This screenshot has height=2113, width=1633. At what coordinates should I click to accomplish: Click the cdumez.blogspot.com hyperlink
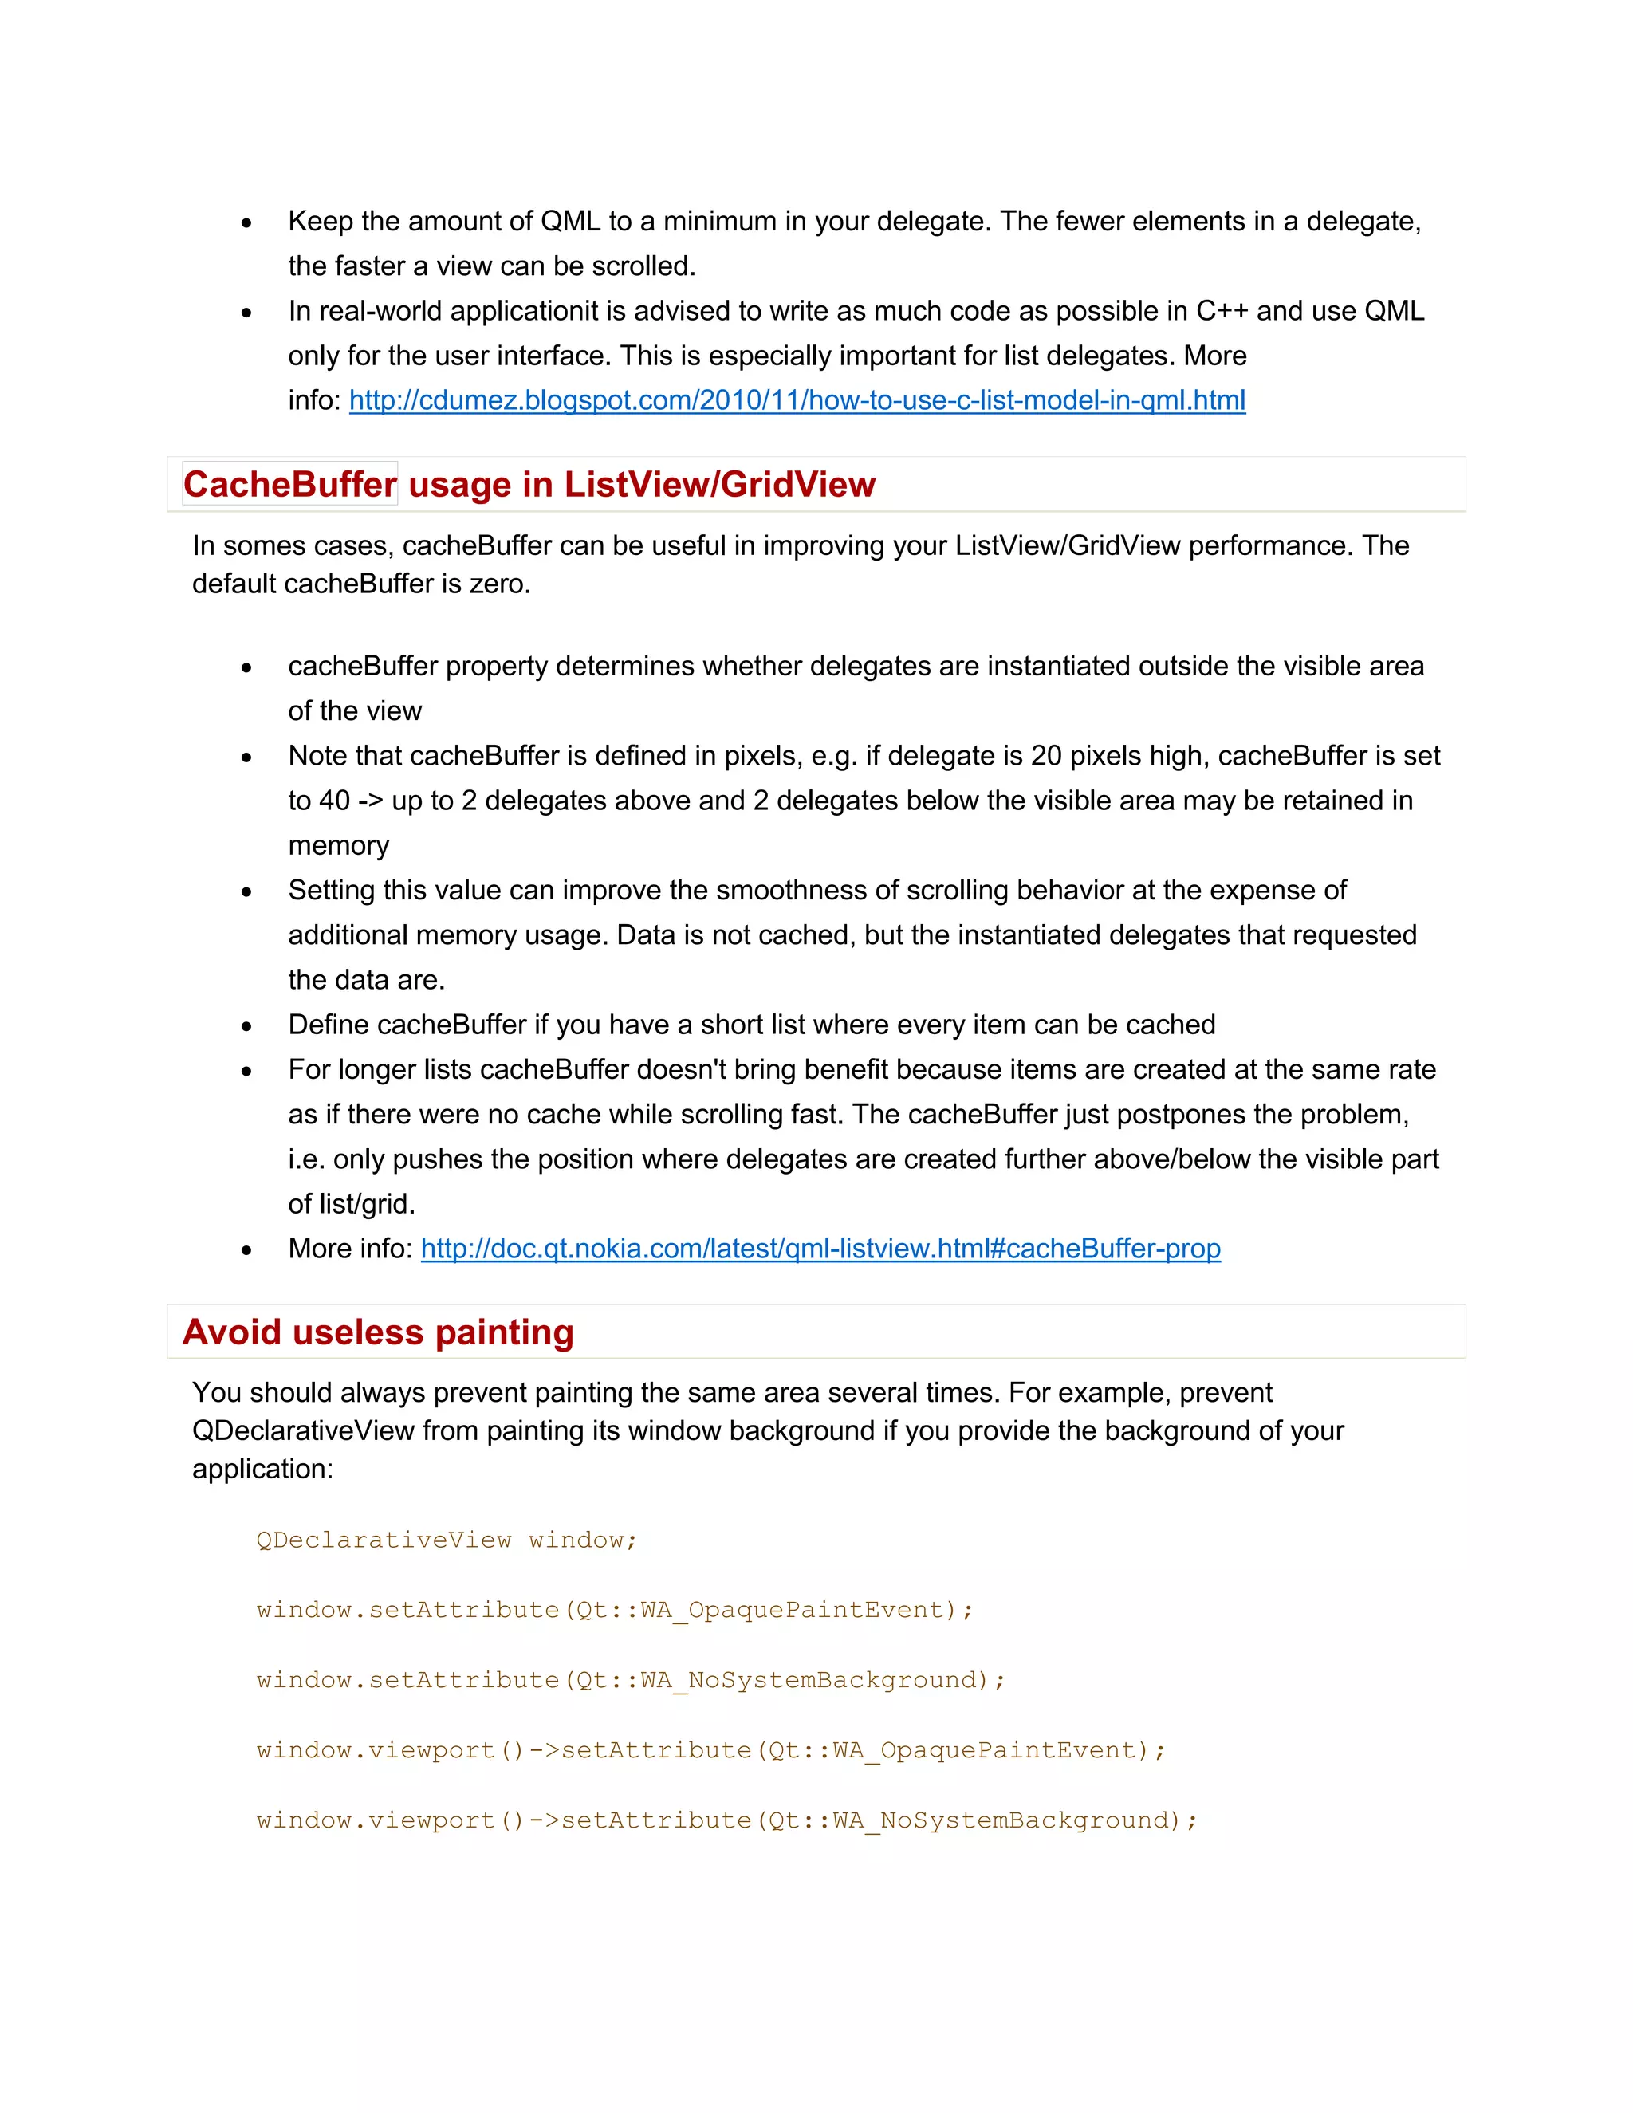[797, 400]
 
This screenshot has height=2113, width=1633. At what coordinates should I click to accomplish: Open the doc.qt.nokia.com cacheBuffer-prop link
[820, 1249]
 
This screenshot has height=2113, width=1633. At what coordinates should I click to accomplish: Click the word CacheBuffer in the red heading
[290, 485]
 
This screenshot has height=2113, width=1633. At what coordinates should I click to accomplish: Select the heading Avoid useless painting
[378, 1332]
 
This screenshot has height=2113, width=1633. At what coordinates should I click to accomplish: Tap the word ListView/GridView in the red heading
[720, 485]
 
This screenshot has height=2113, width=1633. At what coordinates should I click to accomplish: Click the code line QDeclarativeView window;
[447, 1540]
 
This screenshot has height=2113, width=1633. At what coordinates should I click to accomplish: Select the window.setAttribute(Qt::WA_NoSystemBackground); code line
[631, 1681]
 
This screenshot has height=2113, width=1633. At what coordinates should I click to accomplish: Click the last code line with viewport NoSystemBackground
[727, 1821]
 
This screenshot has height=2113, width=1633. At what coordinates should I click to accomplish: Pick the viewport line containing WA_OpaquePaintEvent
[712, 1751]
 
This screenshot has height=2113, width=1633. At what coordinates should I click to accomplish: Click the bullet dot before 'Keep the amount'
[246, 223]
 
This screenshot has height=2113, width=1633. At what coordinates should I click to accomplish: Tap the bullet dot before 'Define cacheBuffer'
[246, 1026]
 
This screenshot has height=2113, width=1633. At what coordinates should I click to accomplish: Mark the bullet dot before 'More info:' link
[246, 1251]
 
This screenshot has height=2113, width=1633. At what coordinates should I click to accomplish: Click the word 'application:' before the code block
[262, 1469]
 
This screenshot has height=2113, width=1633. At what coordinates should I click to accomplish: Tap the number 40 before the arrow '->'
[335, 801]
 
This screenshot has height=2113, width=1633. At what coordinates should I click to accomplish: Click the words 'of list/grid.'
[351, 1205]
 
